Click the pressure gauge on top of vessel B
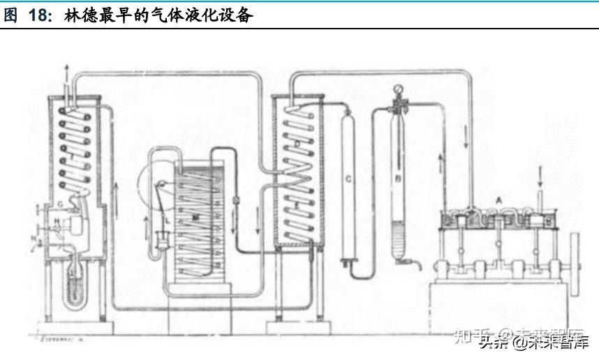tap(399, 90)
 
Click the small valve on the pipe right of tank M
tap(235, 200)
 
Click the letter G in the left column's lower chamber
tap(61, 203)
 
